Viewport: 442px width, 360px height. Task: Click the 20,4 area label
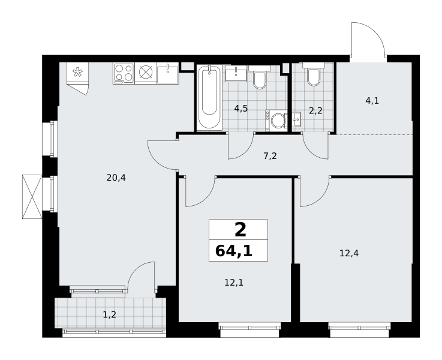click(116, 178)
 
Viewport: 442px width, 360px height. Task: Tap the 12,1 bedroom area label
click(234, 283)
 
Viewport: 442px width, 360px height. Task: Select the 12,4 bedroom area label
click(349, 253)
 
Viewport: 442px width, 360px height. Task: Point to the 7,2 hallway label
click(270, 156)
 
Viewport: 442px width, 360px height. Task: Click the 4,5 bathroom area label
click(241, 108)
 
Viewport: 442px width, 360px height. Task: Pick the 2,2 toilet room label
click(315, 111)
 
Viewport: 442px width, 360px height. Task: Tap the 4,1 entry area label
click(372, 101)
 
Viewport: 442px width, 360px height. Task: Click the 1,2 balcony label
click(109, 314)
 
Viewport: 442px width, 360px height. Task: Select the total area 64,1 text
click(234, 251)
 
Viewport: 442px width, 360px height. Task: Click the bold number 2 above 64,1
click(240, 230)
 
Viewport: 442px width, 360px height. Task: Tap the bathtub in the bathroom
click(209, 98)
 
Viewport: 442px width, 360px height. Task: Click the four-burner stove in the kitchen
click(124, 73)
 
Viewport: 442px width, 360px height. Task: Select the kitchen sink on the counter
click(168, 73)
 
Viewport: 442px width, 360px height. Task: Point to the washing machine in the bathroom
click(276, 121)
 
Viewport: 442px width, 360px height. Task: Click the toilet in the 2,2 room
click(314, 75)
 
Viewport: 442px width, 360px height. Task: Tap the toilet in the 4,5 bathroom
click(260, 77)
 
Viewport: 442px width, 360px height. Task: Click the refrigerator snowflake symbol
click(77, 72)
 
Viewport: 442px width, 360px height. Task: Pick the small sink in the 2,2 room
click(296, 120)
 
